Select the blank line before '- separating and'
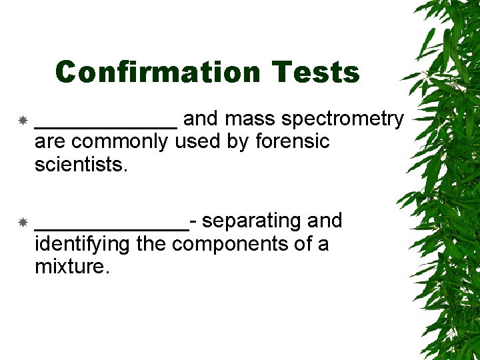[x=111, y=227]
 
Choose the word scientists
[x=80, y=165]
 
